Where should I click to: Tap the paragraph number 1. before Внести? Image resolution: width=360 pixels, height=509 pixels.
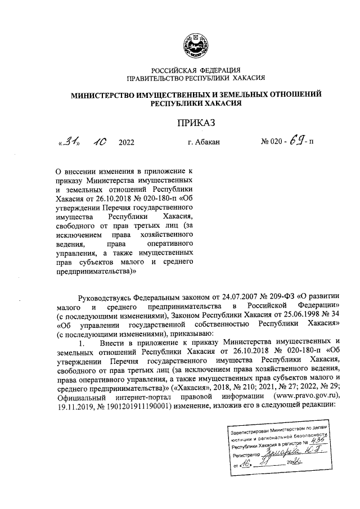(81, 342)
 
